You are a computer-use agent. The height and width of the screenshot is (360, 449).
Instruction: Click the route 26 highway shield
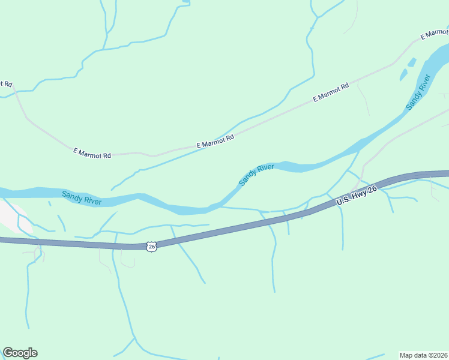[151, 247]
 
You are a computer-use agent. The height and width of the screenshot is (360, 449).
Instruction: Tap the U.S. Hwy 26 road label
[357, 196]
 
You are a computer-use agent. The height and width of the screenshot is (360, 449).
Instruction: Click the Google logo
[20, 353]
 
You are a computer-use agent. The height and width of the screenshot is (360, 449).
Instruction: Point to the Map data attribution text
[424, 355]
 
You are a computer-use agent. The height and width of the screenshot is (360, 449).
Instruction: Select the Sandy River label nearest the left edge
[82, 197]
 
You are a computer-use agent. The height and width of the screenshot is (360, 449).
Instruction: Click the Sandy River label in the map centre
[256, 175]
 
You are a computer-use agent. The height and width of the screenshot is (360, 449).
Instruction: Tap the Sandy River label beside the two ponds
[419, 92]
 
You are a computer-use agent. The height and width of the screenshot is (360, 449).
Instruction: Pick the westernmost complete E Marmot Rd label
[92, 154]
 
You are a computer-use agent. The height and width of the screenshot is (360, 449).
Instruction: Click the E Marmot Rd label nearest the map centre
[215, 142]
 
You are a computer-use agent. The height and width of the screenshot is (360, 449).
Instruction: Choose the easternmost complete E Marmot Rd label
[331, 94]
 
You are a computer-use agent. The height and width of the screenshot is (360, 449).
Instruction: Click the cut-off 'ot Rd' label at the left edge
[5, 84]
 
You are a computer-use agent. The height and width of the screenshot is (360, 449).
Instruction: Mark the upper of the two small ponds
[412, 62]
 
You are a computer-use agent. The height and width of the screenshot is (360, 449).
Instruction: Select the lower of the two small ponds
[403, 75]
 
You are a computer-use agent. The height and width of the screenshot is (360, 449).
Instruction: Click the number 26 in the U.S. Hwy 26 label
[372, 190]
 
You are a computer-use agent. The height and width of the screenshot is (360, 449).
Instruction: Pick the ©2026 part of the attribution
[438, 355]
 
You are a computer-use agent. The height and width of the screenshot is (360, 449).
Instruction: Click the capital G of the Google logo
[8, 352]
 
